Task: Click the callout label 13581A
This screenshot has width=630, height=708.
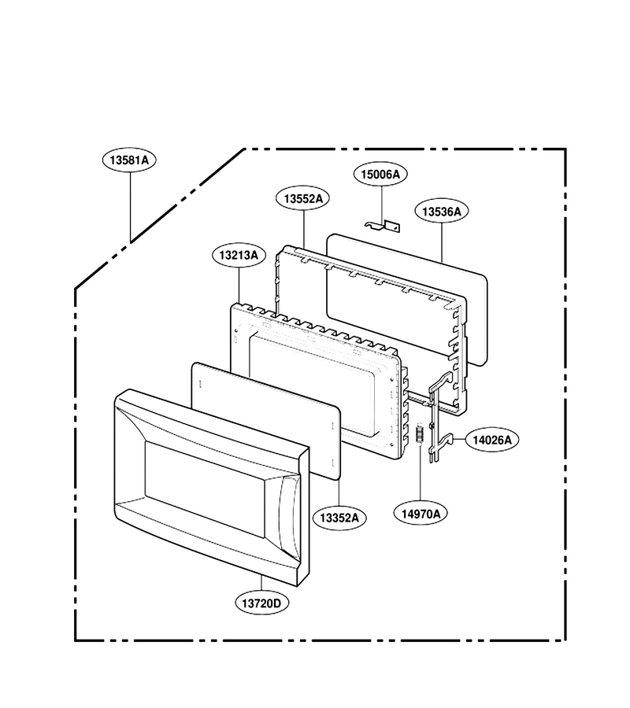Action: pos(129,160)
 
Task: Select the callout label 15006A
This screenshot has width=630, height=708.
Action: pos(380,175)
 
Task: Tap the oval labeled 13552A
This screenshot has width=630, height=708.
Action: pos(303,198)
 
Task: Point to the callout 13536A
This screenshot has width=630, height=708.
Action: pos(442,211)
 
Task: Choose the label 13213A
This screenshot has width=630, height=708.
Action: pos(239,255)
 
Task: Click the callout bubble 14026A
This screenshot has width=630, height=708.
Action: pos(492,439)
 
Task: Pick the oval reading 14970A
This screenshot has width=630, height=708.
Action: pos(421,514)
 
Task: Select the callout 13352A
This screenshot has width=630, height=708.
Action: pos(339,518)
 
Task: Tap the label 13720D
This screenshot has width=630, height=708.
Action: pos(261,603)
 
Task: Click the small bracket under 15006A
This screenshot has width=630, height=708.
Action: pos(383,226)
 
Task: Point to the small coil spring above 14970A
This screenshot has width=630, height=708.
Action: pos(420,434)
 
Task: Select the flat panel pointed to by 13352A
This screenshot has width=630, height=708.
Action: pos(265,420)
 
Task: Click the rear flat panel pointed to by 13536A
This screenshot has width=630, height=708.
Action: pos(406,299)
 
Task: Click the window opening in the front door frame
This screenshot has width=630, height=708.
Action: pos(206,490)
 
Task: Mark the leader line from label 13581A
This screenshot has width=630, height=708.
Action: pos(130,207)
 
